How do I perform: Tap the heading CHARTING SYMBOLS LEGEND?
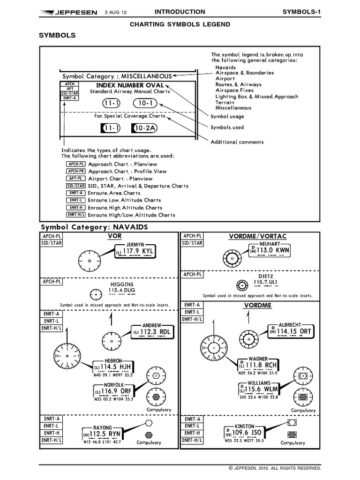[x=180, y=24]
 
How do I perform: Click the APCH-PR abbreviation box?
[x=75, y=172]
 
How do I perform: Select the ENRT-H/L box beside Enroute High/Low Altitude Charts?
[x=75, y=215]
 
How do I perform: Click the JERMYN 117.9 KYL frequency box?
[x=136, y=252]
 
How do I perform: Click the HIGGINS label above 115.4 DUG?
[x=121, y=285]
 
